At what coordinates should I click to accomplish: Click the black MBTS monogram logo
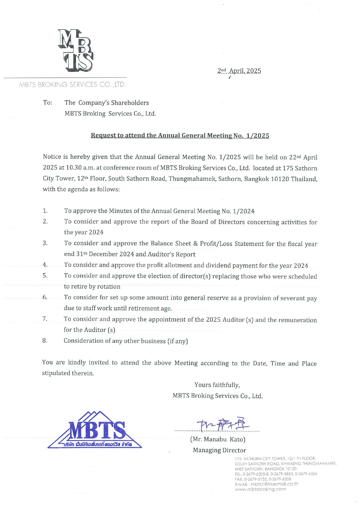pos(75,50)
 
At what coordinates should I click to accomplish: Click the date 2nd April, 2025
pos(239,71)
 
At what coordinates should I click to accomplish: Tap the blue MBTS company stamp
pos(95,430)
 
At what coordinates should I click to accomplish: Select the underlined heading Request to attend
pos(180,135)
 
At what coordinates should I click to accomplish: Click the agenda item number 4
pos(45,265)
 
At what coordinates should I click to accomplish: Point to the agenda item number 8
pos(45,340)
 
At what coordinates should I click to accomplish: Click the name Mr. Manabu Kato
pos(218,439)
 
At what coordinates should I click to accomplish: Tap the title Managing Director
pos(219,450)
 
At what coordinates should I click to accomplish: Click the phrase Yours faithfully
pos(217,385)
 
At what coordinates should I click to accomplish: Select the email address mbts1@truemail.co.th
pos(274,484)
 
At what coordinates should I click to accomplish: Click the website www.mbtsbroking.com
pos(260,489)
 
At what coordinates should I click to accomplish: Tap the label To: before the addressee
pos(48,103)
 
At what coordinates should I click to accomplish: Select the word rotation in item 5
pos(108,287)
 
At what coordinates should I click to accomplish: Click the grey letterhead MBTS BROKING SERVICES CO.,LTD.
pos(72,85)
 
